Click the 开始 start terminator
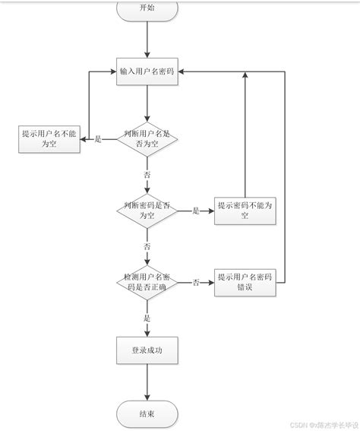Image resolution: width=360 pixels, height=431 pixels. point(147,8)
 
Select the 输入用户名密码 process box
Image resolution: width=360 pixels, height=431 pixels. point(147,71)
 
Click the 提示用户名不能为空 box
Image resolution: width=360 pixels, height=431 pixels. point(49,139)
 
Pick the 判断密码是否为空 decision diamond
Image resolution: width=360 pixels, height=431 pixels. point(147,211)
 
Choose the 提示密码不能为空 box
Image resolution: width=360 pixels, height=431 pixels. point(245,211)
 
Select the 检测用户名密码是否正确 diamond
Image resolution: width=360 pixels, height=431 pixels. point(147,282)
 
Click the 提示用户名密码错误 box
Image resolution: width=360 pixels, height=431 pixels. point(245,281)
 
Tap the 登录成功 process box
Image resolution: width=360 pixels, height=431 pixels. point(147,351)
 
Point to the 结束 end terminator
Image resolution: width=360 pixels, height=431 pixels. point(147,414)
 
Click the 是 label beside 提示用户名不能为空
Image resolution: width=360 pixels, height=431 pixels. point(98,139)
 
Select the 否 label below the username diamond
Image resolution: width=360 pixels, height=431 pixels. point(147,174)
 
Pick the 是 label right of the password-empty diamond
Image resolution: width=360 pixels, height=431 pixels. point(195,211)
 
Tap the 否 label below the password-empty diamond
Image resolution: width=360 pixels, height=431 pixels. point(147,246)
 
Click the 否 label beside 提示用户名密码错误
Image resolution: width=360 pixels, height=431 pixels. point(195,282)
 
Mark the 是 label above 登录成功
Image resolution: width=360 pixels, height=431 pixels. point(147,318)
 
